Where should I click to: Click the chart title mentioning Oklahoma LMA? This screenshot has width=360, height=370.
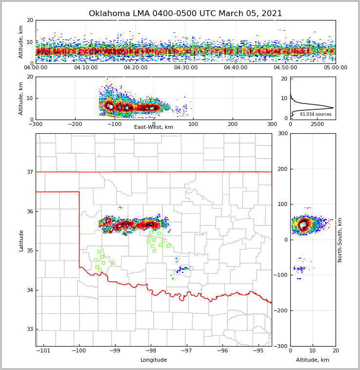[185, 14]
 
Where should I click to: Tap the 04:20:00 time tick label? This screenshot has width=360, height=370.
[136, 68]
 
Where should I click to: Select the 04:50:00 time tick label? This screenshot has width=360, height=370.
[285, 68]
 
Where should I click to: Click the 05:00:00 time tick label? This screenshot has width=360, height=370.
[335, 68]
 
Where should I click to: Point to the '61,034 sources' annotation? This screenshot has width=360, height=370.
[316, 114]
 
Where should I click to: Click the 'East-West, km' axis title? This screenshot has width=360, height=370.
[154, 127]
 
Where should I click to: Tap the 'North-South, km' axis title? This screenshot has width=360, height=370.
[340, 240]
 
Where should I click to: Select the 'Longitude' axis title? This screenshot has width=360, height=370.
[154, 360]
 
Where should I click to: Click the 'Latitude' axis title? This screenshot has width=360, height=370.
[21, 240]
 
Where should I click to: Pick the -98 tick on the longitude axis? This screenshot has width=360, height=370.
[151, 350]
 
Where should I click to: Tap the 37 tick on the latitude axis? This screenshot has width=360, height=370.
[29, 172]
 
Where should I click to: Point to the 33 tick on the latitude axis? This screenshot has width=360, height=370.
[29, 329]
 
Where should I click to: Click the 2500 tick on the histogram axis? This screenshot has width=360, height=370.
[318, 124]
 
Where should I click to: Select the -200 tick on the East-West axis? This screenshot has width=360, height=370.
[75, 124]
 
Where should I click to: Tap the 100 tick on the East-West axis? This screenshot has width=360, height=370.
[193, 124]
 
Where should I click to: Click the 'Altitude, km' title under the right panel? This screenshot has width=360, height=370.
[313, 360]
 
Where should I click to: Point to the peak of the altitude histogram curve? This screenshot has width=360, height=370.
[333, 108]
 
